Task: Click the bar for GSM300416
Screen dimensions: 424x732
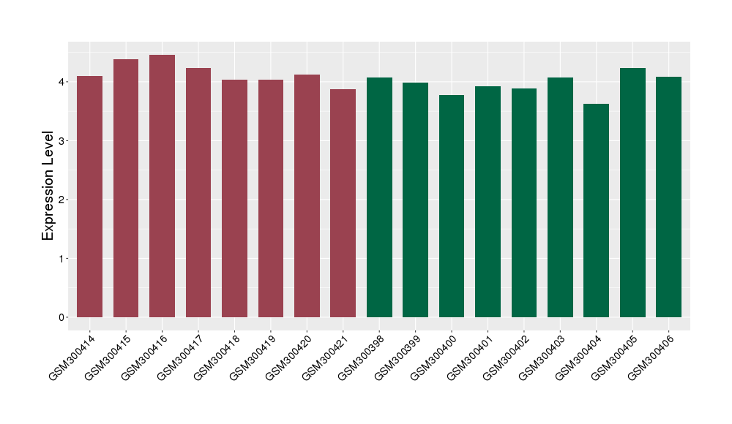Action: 162,186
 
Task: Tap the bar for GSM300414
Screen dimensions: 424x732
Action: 89,197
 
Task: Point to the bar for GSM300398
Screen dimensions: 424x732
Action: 379,197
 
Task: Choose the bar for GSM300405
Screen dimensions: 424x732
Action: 632,192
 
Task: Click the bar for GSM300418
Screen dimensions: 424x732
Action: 234,198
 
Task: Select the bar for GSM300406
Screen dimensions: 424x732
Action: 668,197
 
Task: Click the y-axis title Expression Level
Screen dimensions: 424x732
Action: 48,186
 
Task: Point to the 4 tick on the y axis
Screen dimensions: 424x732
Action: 61,82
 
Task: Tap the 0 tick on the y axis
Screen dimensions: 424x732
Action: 61,317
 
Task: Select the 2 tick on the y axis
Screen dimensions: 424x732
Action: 61,200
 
